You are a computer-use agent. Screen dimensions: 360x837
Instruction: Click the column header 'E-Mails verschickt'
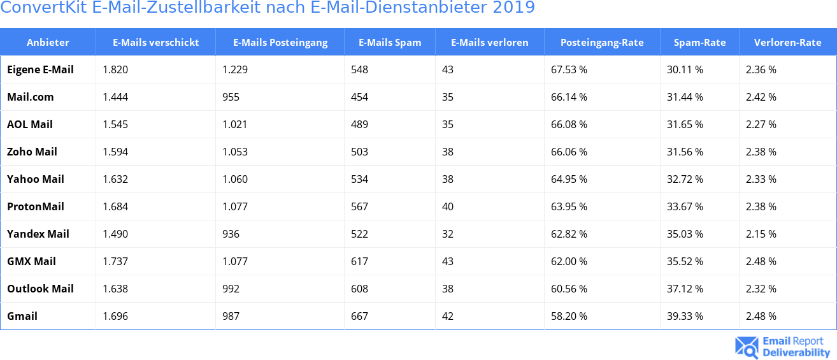click(x=155, y=43)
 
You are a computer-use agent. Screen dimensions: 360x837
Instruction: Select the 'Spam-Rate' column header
click(x=699, y=43)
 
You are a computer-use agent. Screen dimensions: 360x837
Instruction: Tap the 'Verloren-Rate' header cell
click(x=787, y=43)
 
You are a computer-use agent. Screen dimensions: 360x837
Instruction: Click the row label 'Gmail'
click(x=22, y=316)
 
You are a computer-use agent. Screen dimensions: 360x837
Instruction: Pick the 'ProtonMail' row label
click(x=36, y=206)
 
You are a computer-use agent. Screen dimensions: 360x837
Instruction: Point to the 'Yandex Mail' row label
click(x=38, y=234)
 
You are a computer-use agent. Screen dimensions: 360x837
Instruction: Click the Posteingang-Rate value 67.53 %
click(x=569, y=69)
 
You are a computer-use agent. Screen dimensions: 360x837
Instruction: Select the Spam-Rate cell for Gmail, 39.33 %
click(x=685, y=316)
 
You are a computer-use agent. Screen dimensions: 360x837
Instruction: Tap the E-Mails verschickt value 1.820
click(x=115, y=69)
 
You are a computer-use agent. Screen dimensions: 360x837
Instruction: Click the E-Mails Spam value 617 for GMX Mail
click(x=359, y=261)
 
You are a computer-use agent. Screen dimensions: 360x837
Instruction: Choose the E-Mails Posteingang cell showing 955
click(x=231, y=97)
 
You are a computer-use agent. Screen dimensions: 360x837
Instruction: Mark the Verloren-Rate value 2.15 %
click(x=761, y=234)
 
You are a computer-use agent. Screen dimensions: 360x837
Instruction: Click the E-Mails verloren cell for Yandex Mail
click(x=448, y=234)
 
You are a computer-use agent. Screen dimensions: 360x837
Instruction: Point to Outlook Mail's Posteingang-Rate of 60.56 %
click(x=569, y=289)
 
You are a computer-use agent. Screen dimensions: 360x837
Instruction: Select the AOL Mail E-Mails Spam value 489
click(x=359, y=124)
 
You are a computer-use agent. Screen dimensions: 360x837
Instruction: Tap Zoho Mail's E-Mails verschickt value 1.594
click(x=115, y=152)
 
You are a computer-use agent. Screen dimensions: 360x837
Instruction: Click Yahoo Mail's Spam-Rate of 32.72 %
click(x=685, y=179)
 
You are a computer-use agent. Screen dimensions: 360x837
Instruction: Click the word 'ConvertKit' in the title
click(x=44, y=8)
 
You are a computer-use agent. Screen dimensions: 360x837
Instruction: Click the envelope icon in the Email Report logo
click(x=747, y=347)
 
